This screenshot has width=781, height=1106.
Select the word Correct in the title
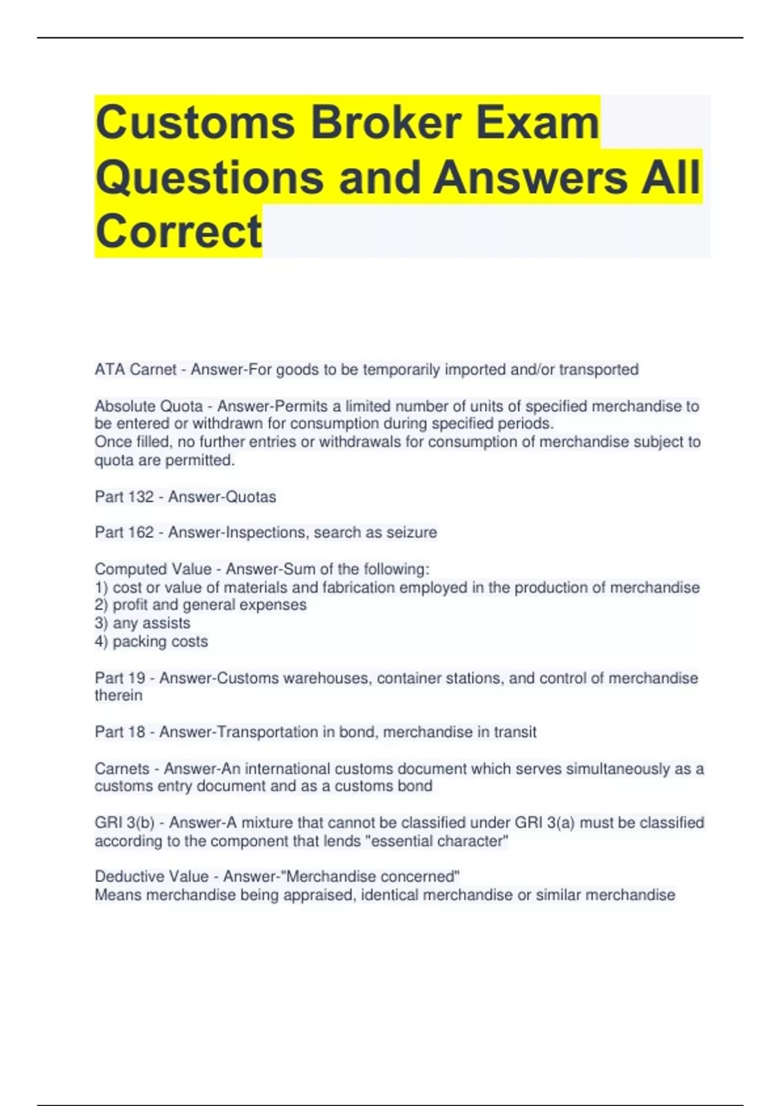[x=178, y=231]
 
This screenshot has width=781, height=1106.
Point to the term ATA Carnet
[x=135, y=370]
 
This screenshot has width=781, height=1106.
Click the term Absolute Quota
[x=148, y=407]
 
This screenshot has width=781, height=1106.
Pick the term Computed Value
[x=153, y=569]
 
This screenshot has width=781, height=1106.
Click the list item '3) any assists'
[x=143, y=623]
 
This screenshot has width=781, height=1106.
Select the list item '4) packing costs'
[x=151, y=641]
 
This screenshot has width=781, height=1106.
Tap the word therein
[x=118, y=695]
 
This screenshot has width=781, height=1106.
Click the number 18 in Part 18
[x=137, y=732]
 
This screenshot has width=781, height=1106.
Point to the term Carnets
[x=122, y=769]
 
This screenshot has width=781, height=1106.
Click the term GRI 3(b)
[x=124, y=823]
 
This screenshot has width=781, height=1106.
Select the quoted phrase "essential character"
[x=437, y=841]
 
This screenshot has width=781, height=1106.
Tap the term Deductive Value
[x=152, y=877]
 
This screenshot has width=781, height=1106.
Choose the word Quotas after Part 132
[x=250, y=497]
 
